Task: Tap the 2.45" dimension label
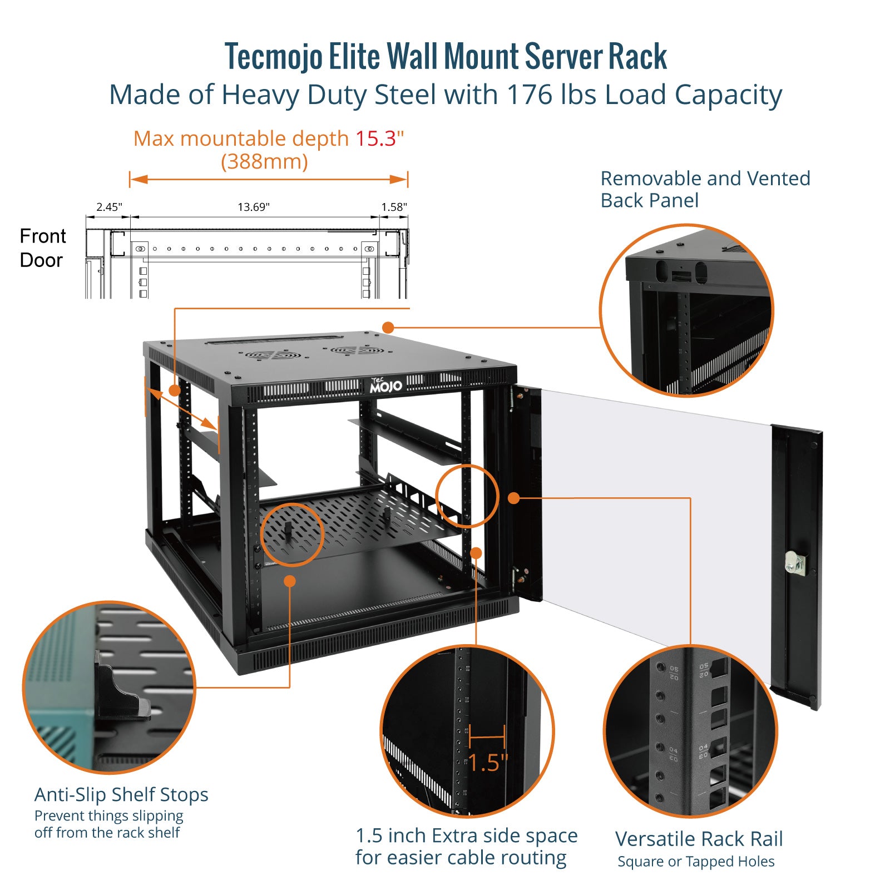pos(109,207)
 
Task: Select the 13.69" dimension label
pos(254,207)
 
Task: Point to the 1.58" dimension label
pos(394,207)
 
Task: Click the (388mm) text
pos(264,162)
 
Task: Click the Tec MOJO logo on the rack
pos(385,385)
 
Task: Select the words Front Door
pos(42,248)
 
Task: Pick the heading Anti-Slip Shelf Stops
pos(121,794)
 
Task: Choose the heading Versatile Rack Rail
pos(699,838)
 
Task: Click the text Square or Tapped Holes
pos(696,861)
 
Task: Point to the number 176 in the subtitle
pos(528,95)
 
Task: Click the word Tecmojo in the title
pos(273,57)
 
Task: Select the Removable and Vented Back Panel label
pos(705,189)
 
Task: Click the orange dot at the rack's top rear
pos(388,328)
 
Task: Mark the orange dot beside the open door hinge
pos(514,498)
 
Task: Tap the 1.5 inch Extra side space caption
pos(466,846)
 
